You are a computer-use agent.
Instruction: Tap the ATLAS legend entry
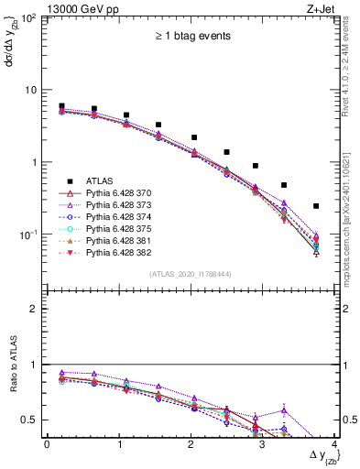(100, 181)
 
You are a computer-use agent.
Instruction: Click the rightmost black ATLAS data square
(316, 206)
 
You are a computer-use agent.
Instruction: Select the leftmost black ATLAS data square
(61, 106)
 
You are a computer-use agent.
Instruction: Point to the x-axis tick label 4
(335, 443)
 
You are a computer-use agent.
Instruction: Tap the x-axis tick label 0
(47, 443)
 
